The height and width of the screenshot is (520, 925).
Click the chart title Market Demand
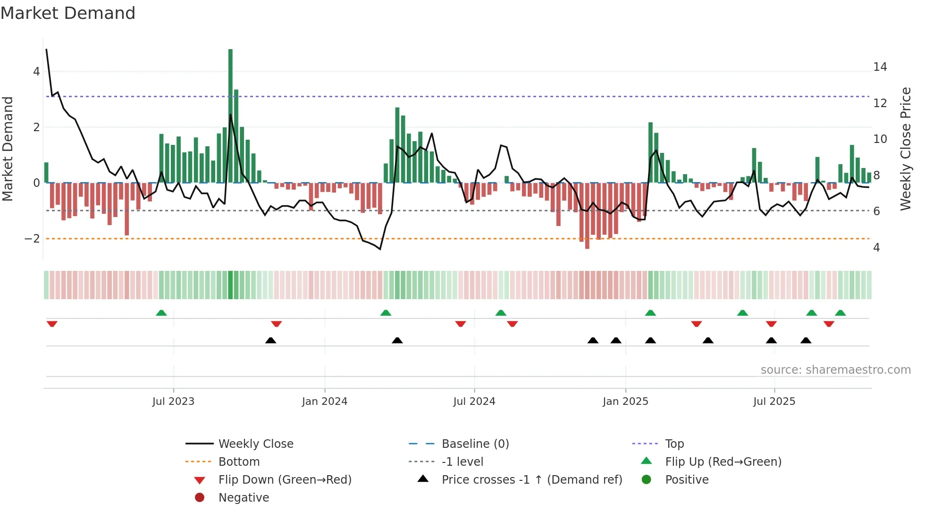click(x=68, y=13)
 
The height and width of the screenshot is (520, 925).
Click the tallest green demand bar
click(x=230, y=116)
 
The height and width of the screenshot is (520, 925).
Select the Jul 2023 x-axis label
click(x=173, y=402)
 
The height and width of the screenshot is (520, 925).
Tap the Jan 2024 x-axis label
click(x=325, y=402)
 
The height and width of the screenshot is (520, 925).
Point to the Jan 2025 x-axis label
click(x=625, y=402)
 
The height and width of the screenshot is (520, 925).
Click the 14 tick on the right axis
click(x=880, y=67)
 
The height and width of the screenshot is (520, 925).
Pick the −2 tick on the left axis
click(x=32, y=239)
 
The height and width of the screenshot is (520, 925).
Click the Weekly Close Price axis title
click(x=905, y=149)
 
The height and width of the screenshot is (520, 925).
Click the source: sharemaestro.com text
click(x=835, y=370)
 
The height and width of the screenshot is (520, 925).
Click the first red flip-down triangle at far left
click(x=52, y=324)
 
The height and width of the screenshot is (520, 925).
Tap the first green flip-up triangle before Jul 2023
click(x=161, y=313)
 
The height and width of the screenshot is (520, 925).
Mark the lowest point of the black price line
click(x=380, y=249)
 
